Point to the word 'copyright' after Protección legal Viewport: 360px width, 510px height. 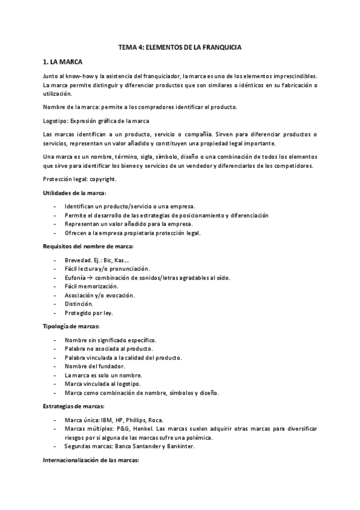105,179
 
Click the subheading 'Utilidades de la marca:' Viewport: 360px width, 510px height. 75,192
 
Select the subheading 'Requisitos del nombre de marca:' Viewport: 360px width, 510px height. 88,247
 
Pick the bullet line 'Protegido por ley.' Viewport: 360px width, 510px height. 88,313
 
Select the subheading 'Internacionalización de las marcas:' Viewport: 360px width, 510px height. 91,460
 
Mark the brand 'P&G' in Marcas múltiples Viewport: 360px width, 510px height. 120,429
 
